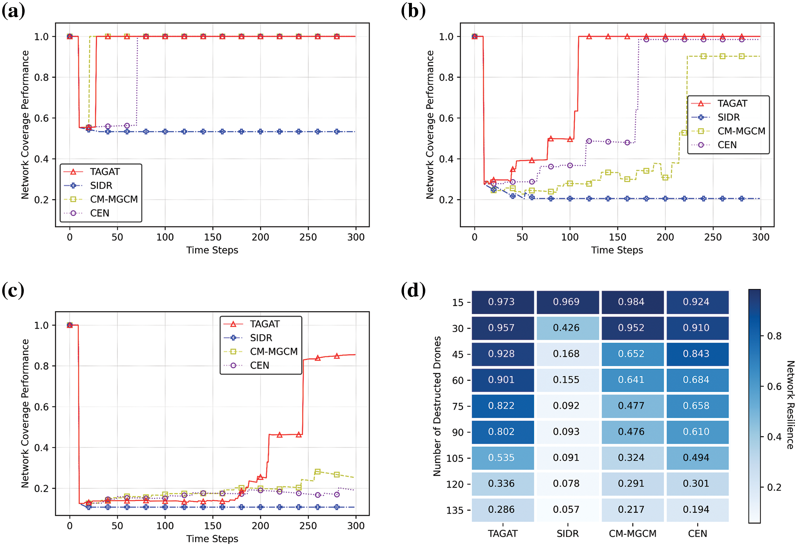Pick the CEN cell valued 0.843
pyautogui.click(x=697, y=354)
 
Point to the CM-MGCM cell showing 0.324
pyautogui.click(x=632, y=458)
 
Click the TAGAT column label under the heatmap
pyautogui.click(x=503, y=534)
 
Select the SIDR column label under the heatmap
pyautogui.click(x=568, y=534)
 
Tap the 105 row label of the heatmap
pyautogui.click(x=455, y=458)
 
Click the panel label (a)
pyautogui.click(x=13, y=11)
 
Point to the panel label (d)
pyautogui.click(x=413, y=290)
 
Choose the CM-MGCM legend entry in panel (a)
pyautogui.click(x=114, y=199)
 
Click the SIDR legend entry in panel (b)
pyautogui.click(x=729, y=117)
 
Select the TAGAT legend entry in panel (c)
pyautogui.click(x=265, y=324)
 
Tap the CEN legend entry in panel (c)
pyautogui.click(x=260, y=365)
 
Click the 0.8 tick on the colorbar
pyautogui.click(x=774, y=336)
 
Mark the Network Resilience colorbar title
pyautogui.click(x=790, y=405)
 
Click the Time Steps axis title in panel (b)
pyautogui.click(x=617, y=250)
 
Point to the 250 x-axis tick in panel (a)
pyautogui.click(x=308, y=237)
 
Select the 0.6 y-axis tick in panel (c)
pyautogui.click(x=42, y=407)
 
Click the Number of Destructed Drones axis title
pyautogui.click(x=437, y=406)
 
